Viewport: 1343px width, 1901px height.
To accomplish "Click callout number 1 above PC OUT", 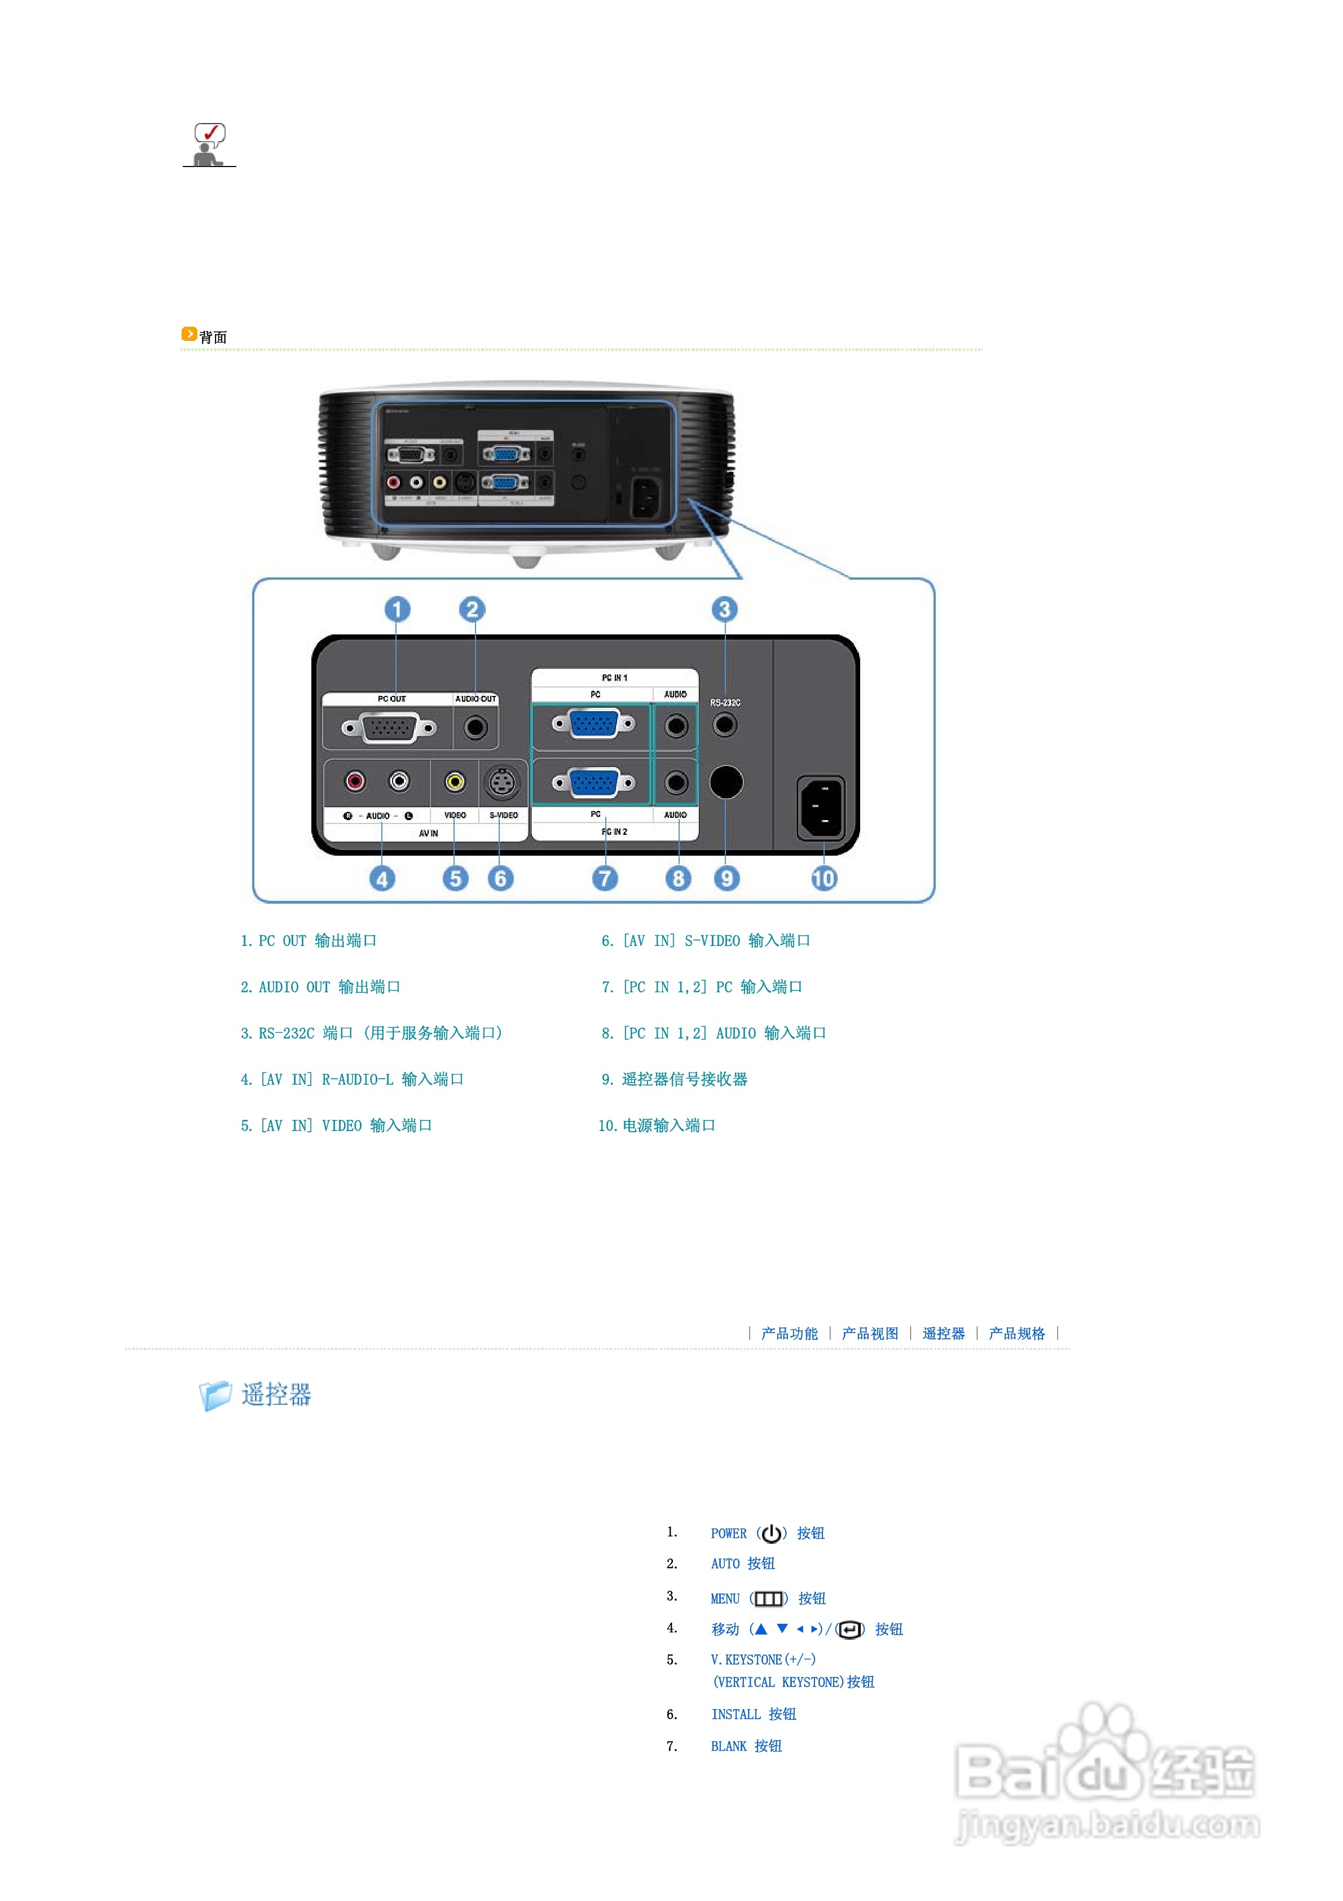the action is (x=397, y=610).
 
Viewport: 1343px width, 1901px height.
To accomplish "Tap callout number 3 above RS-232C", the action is (x=724, y=610).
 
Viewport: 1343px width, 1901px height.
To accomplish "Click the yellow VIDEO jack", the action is (x=454, y=782).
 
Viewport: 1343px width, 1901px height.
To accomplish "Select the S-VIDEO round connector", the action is (x=501, y=782).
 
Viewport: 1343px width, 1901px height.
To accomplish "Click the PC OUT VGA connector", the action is (x=389, y=728).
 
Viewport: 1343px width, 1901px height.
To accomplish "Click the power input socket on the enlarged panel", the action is (x=821, y=807).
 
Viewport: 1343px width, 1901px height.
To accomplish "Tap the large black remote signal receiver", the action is (x=726, y=782).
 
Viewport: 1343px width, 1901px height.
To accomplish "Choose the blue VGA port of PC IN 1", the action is (x=593, y=724).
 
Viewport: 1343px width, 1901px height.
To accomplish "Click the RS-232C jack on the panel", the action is (x=725, y=725).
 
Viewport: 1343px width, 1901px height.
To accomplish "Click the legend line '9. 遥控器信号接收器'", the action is (x=675, y=1079).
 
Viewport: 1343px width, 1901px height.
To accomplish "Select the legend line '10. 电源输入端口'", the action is (x=657, y=1125).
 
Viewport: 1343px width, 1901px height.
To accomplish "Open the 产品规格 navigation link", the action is (x=1016, y=1333).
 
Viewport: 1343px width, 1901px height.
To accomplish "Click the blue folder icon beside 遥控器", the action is (x=215, y=1395).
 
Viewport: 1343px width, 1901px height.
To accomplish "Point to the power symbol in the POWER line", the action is (x=771, y=1534).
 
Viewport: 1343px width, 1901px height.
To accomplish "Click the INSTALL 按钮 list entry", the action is (x=753, y=1714).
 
